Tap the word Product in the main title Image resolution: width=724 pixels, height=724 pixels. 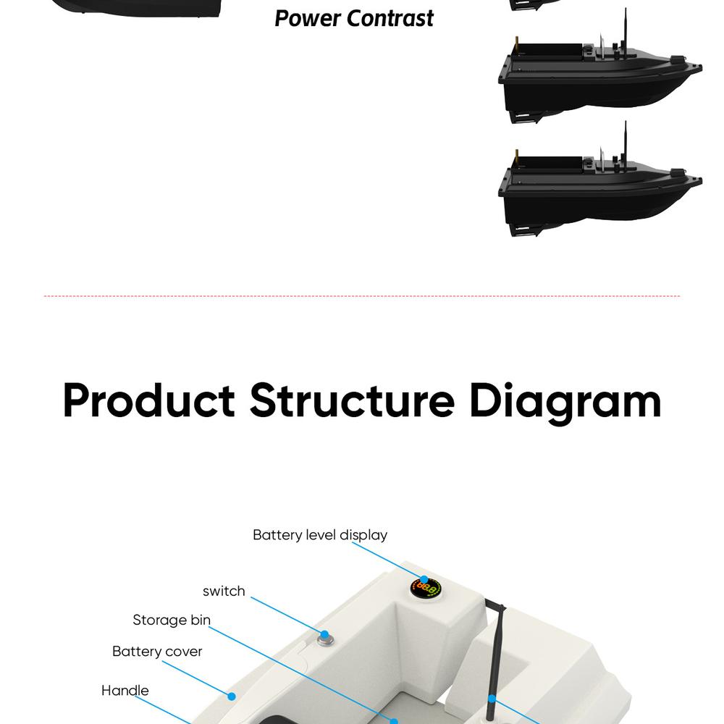[149, 400]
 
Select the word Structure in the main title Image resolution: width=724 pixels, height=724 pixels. [352, 400]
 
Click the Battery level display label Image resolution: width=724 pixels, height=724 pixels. [320, 535]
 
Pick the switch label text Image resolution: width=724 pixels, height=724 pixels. [224, 591]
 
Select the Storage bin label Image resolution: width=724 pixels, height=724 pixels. [172, 620]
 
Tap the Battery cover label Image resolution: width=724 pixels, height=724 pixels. [157, 651]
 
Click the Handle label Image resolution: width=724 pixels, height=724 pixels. [125, 690]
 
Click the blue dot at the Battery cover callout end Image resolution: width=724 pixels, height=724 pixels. [232, 696]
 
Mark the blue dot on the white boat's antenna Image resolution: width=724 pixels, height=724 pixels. [492, 699]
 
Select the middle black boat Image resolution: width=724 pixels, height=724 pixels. [599, 80]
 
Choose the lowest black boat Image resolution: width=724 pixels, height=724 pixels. [599, 192]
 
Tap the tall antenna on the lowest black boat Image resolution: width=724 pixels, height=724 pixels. [625, 145]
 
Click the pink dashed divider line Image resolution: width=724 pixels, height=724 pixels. [362, 296]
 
